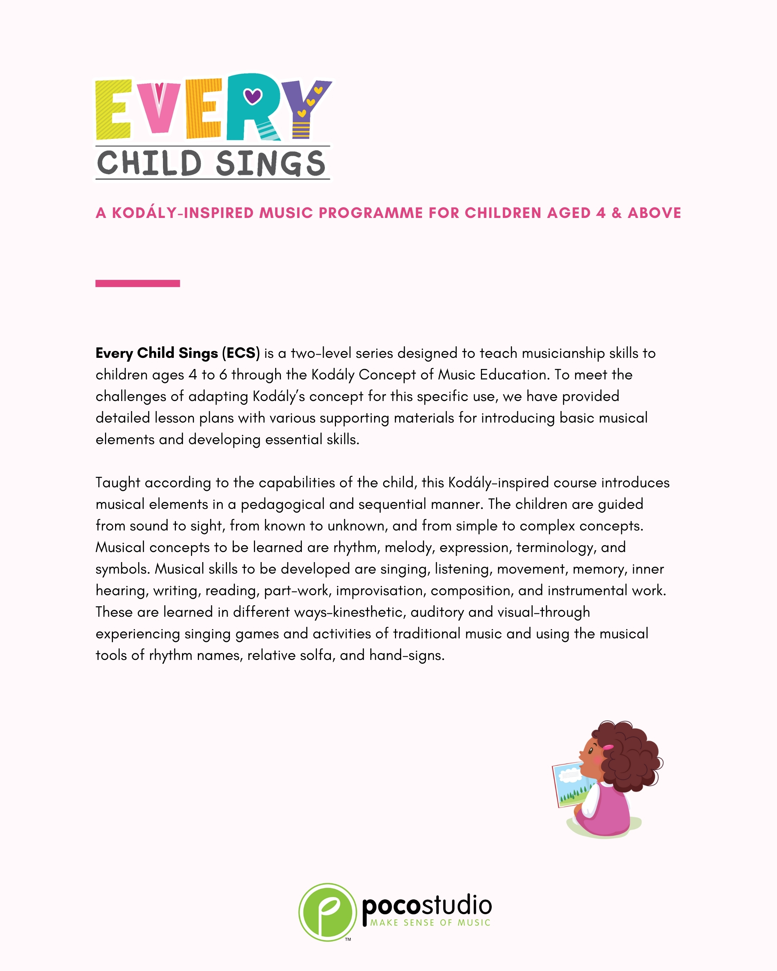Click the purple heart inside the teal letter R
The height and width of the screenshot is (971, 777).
coord(252,95)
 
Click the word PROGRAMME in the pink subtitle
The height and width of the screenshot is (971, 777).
coord(371,213)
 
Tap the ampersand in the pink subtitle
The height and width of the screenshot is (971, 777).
coord(616,213)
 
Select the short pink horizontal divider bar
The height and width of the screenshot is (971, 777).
coord(137,283)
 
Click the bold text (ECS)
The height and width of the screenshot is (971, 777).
coord(241,353)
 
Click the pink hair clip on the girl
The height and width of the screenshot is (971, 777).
coord(609,747)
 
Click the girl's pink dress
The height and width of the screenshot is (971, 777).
coord(609,811)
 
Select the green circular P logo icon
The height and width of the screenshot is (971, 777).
coord(327,912)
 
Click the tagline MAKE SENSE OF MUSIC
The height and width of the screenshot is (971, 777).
coord(430,922)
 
